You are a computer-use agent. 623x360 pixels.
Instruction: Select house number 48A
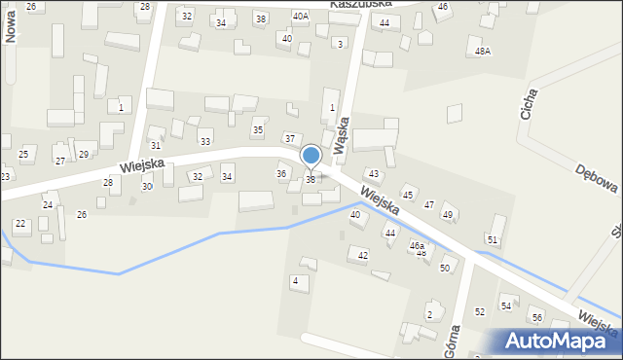(x=483, y=52)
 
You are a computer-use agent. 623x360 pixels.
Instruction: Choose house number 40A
(x=301, y=17)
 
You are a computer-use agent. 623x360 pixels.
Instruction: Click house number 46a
(x=417, y=246)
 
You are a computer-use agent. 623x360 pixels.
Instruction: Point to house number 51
(x=493, y=239)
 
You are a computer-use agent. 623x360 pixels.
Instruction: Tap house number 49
(x=448, y=214)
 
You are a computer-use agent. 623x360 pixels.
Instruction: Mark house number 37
(x=289, y=139)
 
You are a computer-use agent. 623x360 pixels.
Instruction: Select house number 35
(x=258, y=129)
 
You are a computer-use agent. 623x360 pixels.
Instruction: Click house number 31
(x=155, y=145)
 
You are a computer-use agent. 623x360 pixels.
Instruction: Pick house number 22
(x=19, y=225)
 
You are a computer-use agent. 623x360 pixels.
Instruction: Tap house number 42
(x=363, y=255)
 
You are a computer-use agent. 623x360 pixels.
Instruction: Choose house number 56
(x=536, y=318)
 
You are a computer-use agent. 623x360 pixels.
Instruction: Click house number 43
(x=373, y=173)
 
